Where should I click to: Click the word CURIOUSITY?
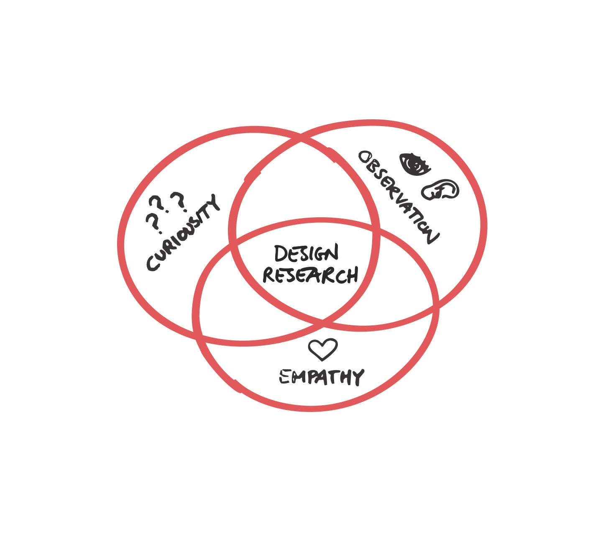click(x=183, y=233)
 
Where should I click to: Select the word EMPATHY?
click(x=321, y=377)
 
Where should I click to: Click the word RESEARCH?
click(x=310, y=276)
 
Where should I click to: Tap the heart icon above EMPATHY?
click(x=322, y=349)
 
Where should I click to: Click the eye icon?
click(x=414, y=164)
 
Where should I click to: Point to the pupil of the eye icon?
click(x=415, y=164)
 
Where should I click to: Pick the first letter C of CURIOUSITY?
click(x=153, y=264)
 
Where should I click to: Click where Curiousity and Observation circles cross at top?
click(x=300, y=141)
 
